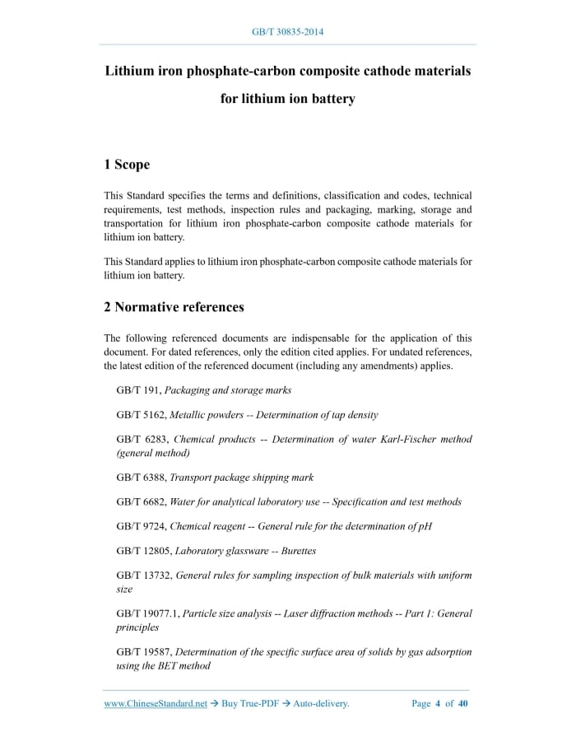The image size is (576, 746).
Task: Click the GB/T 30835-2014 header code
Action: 287,32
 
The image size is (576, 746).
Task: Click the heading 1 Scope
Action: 127,165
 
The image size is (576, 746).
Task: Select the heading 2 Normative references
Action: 174,307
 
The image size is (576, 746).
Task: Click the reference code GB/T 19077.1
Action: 146,613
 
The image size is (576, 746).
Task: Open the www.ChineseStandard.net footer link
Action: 156,704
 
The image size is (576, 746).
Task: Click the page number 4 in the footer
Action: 438,704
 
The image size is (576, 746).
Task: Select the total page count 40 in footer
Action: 462,704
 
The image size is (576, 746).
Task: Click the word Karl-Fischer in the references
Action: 405,440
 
